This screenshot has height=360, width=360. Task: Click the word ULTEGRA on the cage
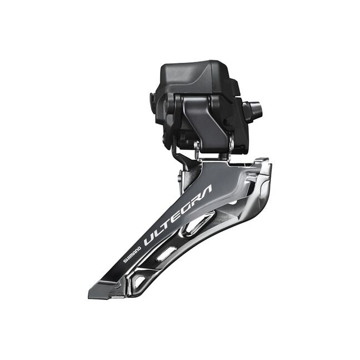(177, 216)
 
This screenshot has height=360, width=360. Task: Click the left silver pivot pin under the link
(197, 147)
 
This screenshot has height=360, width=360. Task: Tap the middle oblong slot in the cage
(167, 253)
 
